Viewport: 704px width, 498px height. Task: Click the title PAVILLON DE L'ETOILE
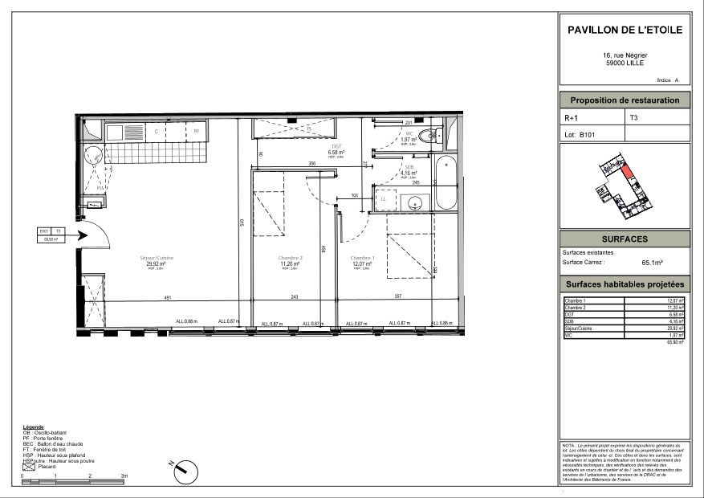[x=624, y=30]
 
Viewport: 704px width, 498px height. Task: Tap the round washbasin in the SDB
[x=414, y=202]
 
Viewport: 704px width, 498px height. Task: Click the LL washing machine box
[x=383, y=198]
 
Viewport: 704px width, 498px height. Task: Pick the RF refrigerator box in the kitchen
[x=195, y=130]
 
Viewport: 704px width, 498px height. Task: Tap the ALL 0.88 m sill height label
[x=185, y=322]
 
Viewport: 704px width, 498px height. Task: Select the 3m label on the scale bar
[x=123, y=476]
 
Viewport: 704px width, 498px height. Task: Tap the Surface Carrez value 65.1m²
[x=652, y=262]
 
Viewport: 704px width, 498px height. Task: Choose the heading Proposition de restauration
[x=624, y=100]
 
